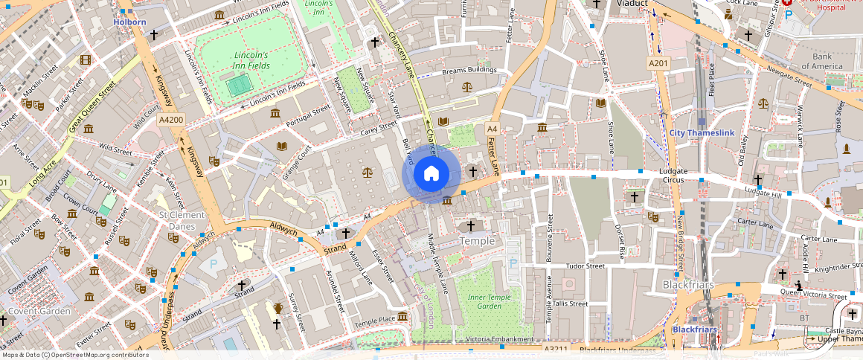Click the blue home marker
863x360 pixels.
(431, 174)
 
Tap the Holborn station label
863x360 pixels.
(129, 22)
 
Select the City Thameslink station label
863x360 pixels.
(702, 133)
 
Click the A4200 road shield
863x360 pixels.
(170, 120)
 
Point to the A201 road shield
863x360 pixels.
(658, 64)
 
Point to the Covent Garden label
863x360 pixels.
(39, 311)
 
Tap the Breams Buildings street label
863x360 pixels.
(469, 71)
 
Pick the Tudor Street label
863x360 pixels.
(585, 266)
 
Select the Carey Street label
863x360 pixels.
(379, 129)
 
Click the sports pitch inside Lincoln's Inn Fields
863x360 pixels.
(238, 86)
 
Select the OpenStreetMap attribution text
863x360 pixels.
(74, 355)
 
